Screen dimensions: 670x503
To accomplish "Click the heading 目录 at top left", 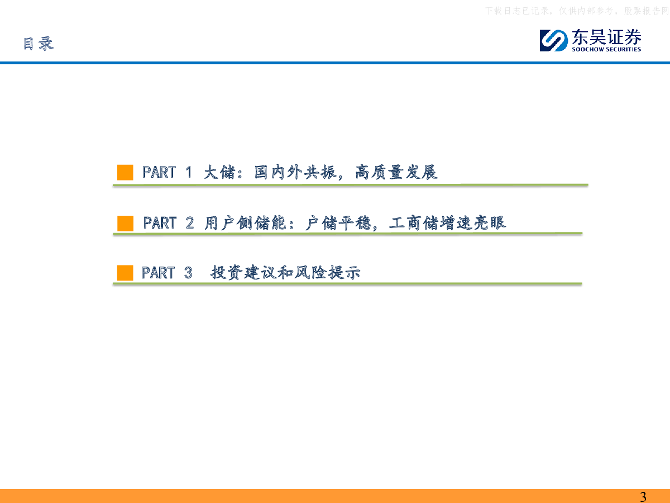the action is pyautogui.click(x=39, y=44).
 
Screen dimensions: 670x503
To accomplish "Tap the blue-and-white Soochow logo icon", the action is pyautogui.click(x=553, y=40).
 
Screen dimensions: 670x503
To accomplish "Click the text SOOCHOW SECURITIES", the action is pyautogui.click(x=606, y=50).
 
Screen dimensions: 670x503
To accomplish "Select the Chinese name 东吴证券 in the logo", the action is pyautogui.click(x=606, y=37).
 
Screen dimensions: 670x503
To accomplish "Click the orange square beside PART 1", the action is pyautogui.click(x=125, y=172).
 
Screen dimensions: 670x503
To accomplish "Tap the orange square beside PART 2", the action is pyautogui.click(x=125, y=223).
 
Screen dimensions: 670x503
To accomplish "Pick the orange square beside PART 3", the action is pyautogui.click(x=125, y=273).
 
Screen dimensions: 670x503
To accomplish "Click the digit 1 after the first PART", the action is pyautogui.click(x=189, y=172).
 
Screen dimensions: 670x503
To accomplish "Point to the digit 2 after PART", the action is pyautogui.click(x=189, y=223).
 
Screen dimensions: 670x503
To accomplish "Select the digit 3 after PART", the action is pyautogui.click(x=188, y=273).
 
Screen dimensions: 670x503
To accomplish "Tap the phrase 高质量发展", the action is pyautogui.click(x=396, y=172).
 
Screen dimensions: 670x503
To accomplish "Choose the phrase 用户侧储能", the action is pyautogui.click(x=245, y=223).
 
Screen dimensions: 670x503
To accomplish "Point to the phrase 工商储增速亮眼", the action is pyautogui.click(x=447, y=223).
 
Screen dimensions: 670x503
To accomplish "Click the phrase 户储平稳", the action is pyautogui.click(x=338, y=223).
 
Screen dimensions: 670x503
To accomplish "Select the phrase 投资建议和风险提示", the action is pyautogui.click(x=285, y=272).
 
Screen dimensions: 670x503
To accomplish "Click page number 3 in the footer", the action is pyautogui.click(x=643, y=497).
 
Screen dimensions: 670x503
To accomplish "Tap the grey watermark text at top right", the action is pyautogui.click(x=577, y=11).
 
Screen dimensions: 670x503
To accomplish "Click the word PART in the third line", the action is pyautogui.click(x=158, y=273).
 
